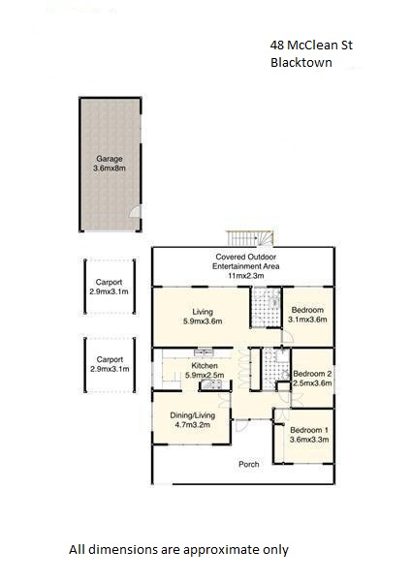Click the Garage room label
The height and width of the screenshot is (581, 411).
pos(110,159)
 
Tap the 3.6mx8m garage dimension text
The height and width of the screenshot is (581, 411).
pos(110,168)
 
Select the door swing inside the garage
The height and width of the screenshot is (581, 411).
pos(136,211)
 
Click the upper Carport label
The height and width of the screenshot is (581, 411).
pos(109,282)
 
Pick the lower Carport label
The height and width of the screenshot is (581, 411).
pos(110,359)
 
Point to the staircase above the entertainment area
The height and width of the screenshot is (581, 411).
pos(250,238)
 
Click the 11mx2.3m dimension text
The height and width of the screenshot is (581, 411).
pos(246,276)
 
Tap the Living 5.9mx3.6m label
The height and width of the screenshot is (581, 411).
pos(203,317)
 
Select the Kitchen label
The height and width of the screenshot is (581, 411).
pos(205,366)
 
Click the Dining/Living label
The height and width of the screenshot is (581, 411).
pos(193,415)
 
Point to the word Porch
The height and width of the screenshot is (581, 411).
pos(248,464)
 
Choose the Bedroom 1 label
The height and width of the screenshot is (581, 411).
pos(309,430)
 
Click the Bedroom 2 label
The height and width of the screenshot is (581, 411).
pos(312,374)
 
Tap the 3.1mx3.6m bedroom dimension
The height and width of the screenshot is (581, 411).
pos(307,320)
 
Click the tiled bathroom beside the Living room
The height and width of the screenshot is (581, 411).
pos(266,307)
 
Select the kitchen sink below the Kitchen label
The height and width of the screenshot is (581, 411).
pos(211,385)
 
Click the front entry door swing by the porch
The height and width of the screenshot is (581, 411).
pos(241,425)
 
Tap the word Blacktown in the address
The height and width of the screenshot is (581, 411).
pos(301,62)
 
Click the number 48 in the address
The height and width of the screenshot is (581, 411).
pos(276,46)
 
